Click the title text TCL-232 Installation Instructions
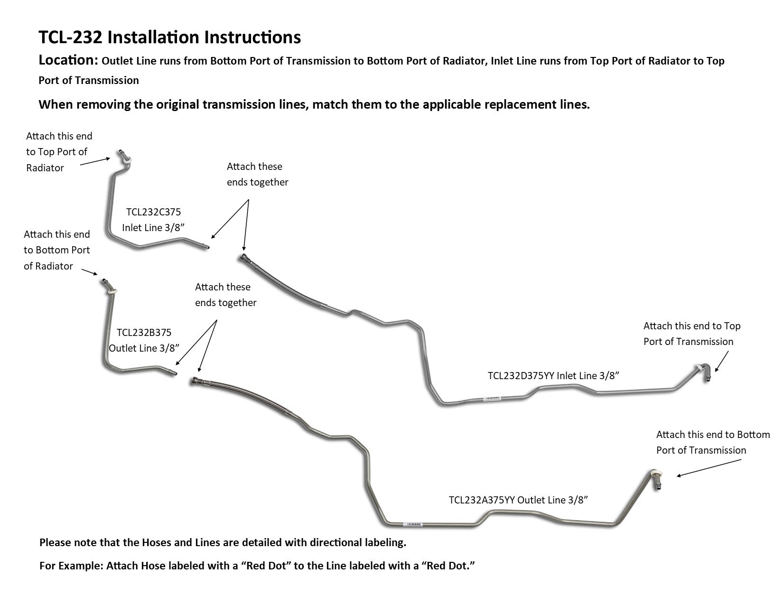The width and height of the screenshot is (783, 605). tap(169, 37)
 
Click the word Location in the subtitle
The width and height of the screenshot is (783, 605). tap(67, 61)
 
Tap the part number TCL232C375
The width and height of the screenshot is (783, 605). tap(153, 212)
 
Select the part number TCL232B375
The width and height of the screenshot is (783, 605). tap(144, 333)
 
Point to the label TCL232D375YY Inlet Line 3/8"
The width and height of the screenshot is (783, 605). tap(553, 376)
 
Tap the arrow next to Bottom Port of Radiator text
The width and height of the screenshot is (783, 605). tap(90, 272)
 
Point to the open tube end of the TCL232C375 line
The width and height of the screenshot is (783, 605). tap(205, 247)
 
